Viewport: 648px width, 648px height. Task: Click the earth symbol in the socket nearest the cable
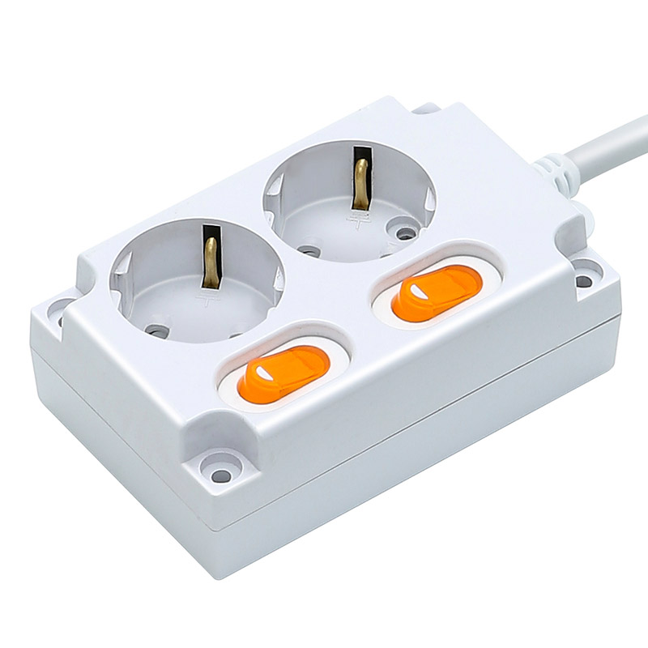click(356, 217)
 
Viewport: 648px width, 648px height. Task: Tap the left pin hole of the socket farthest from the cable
click(157, 330)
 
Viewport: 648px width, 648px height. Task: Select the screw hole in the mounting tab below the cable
click(583, 281)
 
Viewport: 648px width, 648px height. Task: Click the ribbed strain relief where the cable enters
click(555, 172)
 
